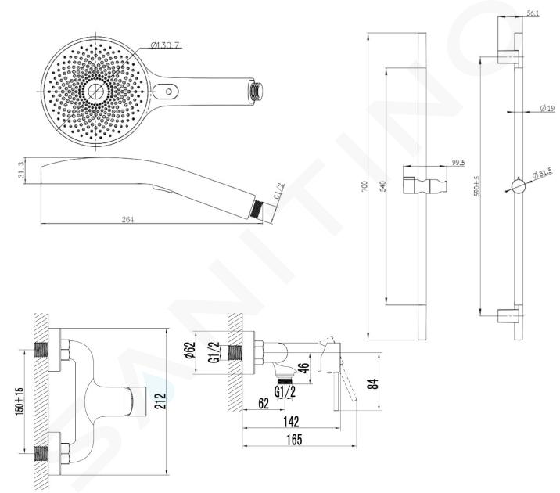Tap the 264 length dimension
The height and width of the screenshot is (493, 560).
click(128, 219)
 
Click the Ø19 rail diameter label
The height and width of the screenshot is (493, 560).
click(547, 108)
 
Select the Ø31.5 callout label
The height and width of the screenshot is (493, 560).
click(541, 172)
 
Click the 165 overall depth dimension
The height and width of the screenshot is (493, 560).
click(293, 441)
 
